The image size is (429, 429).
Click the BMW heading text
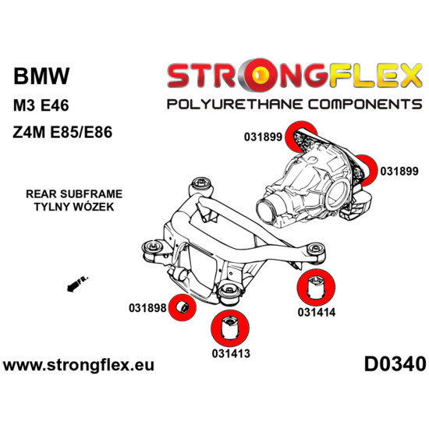pos(41,76)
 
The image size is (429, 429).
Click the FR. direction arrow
pos(76,285)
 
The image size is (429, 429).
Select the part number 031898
pos(147,308)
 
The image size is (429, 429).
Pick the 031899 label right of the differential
pos(399,170)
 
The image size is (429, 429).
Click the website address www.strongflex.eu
pos(80,364)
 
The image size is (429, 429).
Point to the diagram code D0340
pos(394,364)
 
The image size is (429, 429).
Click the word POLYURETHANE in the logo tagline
pos(223,104)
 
